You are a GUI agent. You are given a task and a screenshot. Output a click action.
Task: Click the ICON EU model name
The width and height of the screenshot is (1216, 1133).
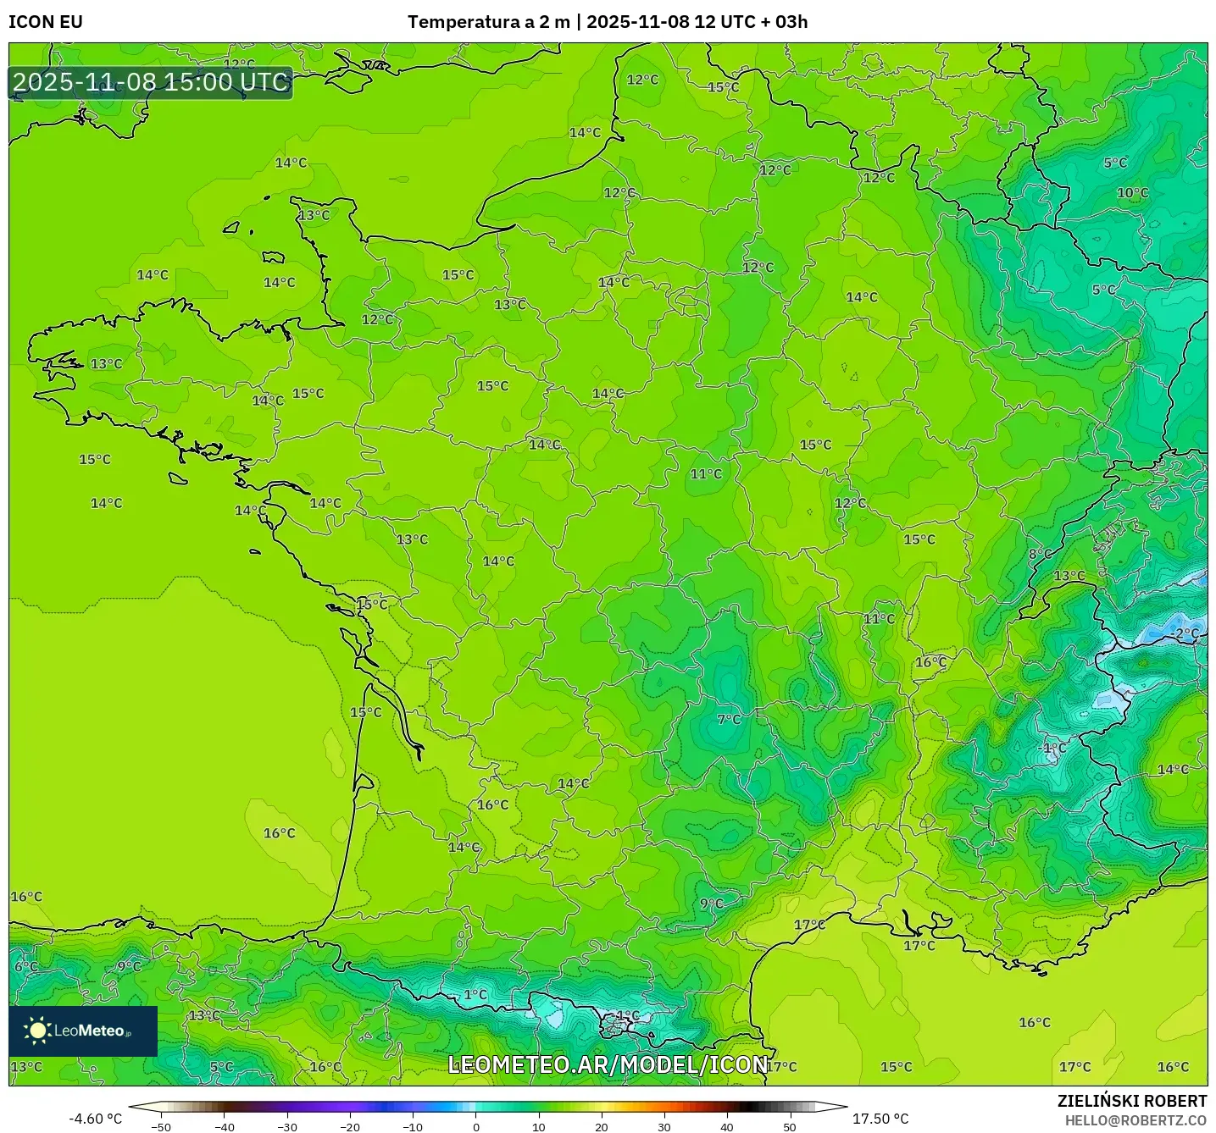point(46,22)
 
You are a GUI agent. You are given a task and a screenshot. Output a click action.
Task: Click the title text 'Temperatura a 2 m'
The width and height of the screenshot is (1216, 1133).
point(488,22)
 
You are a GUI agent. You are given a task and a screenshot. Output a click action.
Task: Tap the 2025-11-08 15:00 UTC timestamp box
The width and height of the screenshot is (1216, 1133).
point(151,82)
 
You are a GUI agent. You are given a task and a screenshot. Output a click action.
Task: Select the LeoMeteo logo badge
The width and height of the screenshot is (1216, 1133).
point(83,1031)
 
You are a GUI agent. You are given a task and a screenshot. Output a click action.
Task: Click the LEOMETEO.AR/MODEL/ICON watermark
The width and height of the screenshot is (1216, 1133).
point(608,1064)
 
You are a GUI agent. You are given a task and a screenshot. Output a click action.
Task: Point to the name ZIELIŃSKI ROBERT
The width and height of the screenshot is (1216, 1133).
point(1131,1101)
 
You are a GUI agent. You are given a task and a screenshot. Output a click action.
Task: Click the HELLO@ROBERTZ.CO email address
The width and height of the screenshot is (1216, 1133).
point(1135,1120)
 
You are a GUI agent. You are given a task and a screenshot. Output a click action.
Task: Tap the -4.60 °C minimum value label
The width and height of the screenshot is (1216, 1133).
point(95,1119)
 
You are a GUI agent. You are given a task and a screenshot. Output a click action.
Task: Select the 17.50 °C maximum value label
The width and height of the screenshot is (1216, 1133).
point(880,1119)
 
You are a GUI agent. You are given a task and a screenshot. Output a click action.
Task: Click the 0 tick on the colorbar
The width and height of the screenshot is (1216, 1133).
point(475,1126)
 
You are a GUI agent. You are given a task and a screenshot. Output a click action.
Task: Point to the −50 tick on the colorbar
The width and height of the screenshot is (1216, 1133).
point(160,1126)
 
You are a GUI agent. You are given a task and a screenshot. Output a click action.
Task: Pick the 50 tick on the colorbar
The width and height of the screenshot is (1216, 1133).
point(789,1126)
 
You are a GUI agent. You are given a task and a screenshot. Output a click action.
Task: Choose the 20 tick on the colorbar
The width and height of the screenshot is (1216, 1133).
point(601,1126)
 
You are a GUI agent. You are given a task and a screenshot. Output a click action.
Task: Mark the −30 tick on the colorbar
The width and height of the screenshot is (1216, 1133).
point(286,1126)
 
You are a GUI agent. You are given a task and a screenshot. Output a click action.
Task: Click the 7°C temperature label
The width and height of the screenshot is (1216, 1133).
point(729,719)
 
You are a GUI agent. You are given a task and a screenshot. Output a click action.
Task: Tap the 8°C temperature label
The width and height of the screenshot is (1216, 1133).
point(1040,554)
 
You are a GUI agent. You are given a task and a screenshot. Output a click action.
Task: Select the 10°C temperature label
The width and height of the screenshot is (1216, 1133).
point(1132,193)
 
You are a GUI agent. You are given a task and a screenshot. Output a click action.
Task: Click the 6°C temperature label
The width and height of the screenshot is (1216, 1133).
point(25,966)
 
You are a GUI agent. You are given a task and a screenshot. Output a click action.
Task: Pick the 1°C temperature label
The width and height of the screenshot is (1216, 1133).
point(475,994)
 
